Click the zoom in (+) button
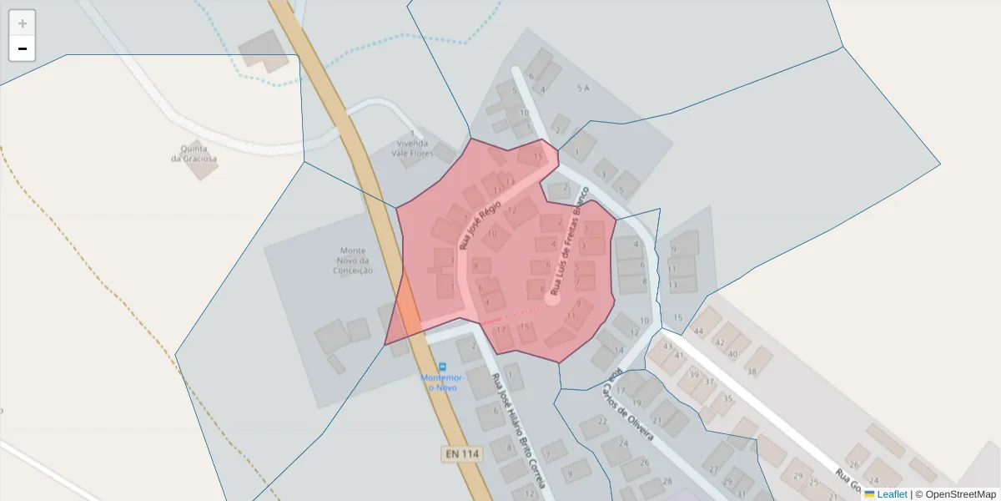(x=22, y=23)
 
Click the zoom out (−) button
(x=22, y=48)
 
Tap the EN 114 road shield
(x=461, y=453)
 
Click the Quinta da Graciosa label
(x=194, y=153)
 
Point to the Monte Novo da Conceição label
(x=353, y=260)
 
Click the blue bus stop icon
(x=442, y=366)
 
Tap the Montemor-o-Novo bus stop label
(x=441, y=382)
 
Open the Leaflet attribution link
(x=892, y=494)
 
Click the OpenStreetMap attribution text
(x=955, y=494)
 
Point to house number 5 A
(x=583, y=88)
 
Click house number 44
(x=699, y=331)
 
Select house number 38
(x=751, y=372)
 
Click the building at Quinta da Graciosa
(x=201, y=167)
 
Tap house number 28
(x=666, y=481)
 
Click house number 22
(x=602, y=420)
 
